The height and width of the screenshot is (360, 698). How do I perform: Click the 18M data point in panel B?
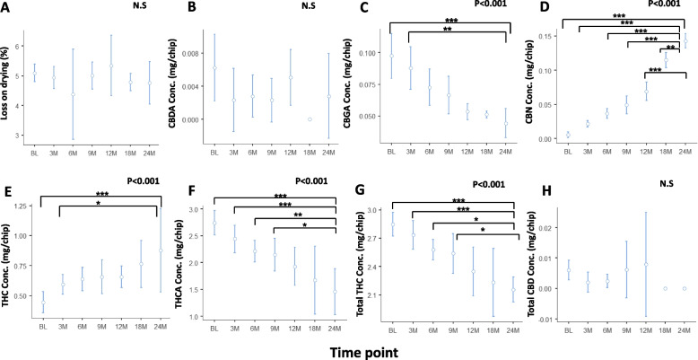click(310, 119)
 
